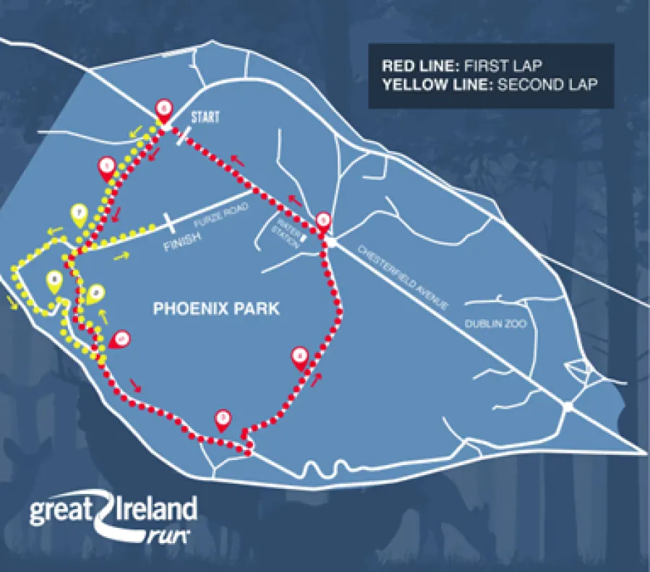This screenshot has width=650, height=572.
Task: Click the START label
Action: pyautogui.click(x=206, y=116)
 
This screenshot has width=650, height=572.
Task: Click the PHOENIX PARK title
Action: pyautogui.click(x=216, y=309)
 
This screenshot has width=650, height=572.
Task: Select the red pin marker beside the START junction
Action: pyautogui.click(x=165, y=109)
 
